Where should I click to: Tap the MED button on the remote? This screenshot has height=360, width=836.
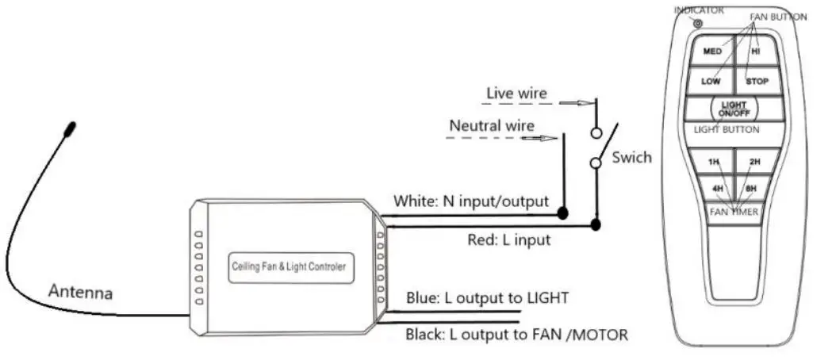(713, 52)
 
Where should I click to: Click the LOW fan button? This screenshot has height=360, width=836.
(711, 81)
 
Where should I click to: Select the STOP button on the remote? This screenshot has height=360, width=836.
(757, 81)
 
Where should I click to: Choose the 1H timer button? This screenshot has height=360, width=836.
(713, 162)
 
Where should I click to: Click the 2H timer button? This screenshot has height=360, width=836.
(754, 162)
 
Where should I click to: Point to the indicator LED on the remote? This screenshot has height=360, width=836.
(698, 24)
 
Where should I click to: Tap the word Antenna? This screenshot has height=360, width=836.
(81, 292)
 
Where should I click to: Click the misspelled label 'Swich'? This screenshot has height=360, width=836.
(631, 157)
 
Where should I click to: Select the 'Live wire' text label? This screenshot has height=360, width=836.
(516, 94)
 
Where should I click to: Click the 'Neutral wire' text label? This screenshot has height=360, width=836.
(492, 125)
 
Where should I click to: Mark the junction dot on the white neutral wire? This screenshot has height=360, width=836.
(562, 213)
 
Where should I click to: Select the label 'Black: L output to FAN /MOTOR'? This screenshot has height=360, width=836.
(516, 335)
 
